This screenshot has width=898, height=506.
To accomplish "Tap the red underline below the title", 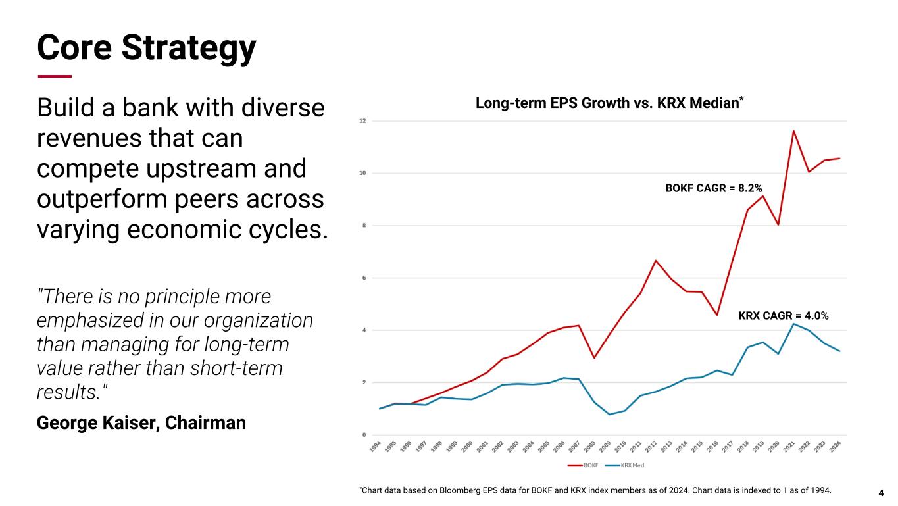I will (55, 76).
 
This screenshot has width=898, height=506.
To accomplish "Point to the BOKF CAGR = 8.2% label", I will (714, 188).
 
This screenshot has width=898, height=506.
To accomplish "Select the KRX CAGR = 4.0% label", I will (783, 316).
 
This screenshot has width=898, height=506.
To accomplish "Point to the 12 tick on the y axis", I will (362, 121).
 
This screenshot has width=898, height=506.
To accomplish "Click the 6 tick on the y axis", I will (363, 278).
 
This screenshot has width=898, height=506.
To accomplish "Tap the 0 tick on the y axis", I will (363, 435).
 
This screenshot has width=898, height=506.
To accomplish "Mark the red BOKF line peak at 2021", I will (793, 131).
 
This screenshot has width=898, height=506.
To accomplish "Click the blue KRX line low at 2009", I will (609, 414).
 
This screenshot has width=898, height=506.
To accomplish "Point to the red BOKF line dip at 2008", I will (594, 357).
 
